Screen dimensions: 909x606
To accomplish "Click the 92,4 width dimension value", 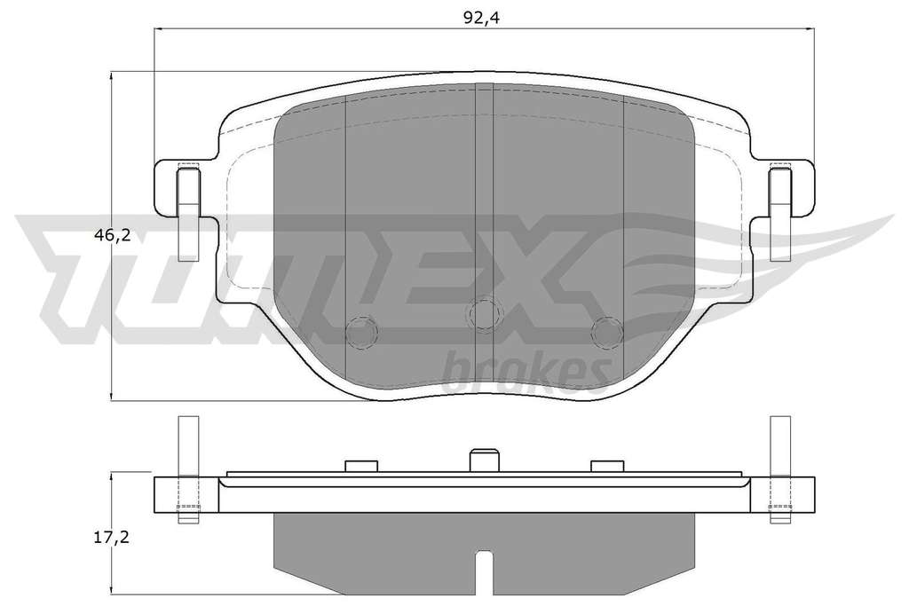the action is click(x=481, y=18).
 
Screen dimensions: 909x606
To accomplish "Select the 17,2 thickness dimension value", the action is click(x=111, y=538).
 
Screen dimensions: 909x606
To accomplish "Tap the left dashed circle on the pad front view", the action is click(x=361, y=333).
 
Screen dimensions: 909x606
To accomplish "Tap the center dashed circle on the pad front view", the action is click(x=484, y=313).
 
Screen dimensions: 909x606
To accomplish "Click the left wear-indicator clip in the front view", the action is click(x=188, y=212).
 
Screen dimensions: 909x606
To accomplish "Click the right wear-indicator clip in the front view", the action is click(x=780, y=212).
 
